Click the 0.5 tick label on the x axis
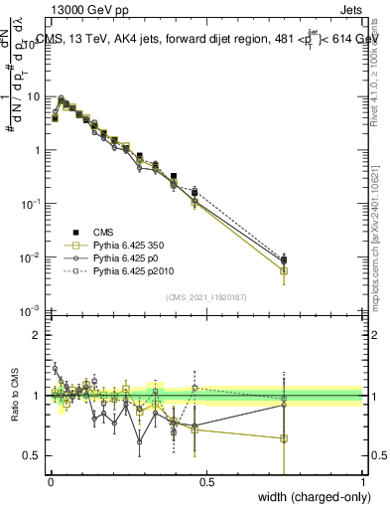tap(206, 481)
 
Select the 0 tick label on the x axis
tap(50, 481)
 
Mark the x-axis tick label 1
tap(363, 481)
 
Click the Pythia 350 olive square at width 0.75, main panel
tap(284, 270)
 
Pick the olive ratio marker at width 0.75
tap(284, 438)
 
